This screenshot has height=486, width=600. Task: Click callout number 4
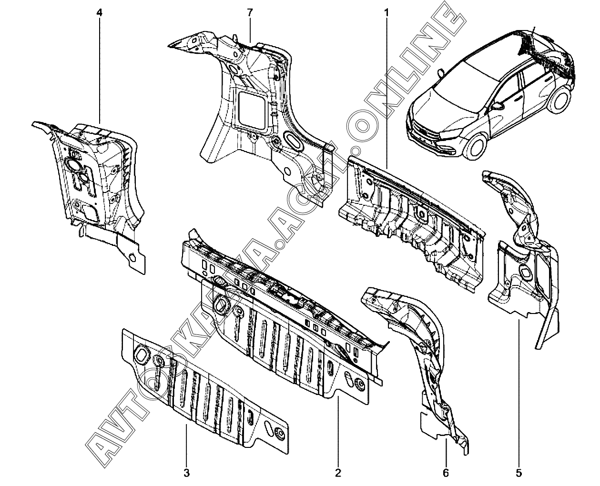(99, 13)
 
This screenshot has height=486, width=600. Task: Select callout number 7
(249, 13)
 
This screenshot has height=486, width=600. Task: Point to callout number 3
(186, 473)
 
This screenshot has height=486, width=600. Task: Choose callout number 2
(338, 473)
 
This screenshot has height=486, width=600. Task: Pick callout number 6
(446, 473)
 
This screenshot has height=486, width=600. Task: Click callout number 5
(519, 473)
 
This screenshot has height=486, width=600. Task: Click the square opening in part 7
(251, 109)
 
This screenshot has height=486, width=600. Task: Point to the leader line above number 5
(519, 391)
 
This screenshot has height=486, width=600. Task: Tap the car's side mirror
(498, 105)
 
